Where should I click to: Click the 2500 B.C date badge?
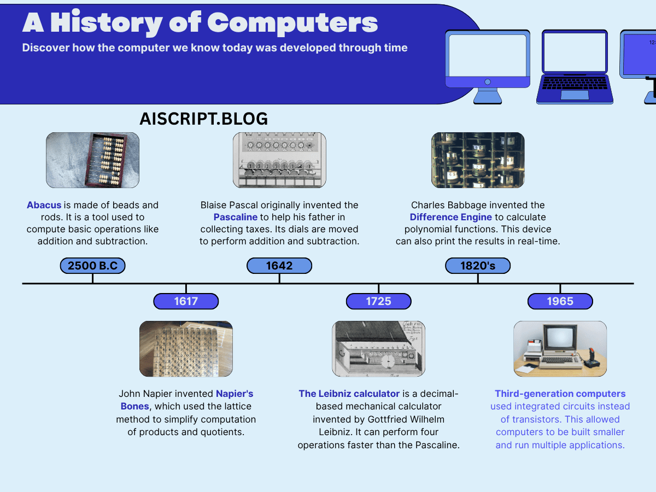click(92, 266)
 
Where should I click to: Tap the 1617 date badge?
click(186, 301)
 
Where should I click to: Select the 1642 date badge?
click(279, 266)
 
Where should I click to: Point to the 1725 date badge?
click(379, 301)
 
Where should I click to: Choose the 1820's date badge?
click(478, 266)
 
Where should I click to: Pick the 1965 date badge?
click(560, 301)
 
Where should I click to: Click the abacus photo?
click(92, 160)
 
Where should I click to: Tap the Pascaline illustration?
click(279, 160)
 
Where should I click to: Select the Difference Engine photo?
click(478, 160)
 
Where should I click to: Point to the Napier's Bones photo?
click(186, 349)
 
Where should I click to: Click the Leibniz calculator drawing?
click(379, 349)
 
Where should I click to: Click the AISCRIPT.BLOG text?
click(203, 119)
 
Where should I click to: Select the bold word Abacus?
click(44, 205)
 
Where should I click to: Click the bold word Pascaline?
click(236, 217)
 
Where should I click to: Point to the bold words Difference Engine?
click(450, 217)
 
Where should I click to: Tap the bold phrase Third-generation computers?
click(560, 394)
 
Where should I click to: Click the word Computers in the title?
click(292, 24)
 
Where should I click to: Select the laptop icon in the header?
click(575, 67)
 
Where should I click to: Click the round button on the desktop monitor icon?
click(488, 82)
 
